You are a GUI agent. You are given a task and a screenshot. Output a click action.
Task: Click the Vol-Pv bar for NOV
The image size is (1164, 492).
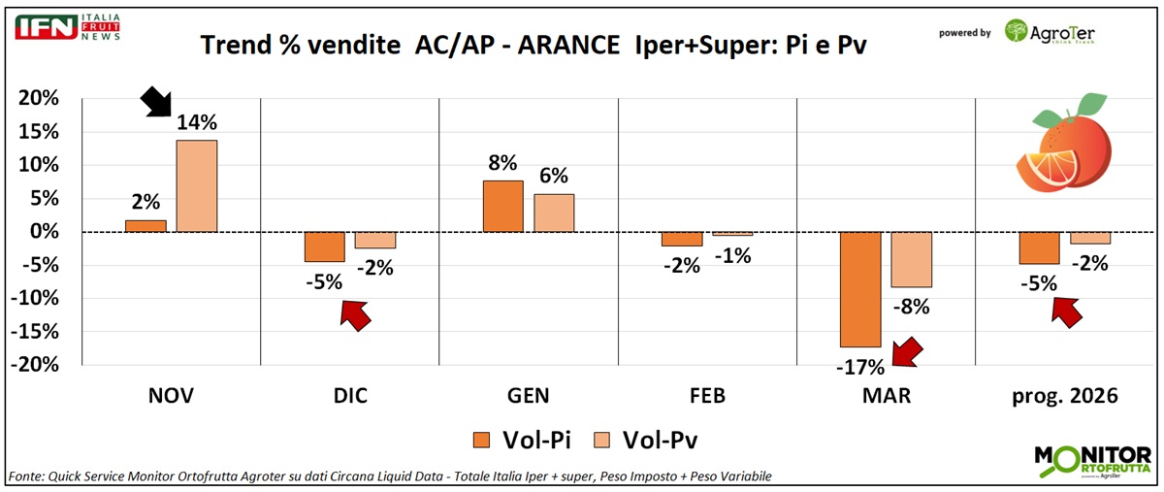(x=196, y=185)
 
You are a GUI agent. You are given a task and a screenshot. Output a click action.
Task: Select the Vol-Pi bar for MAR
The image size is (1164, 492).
(x=860, y=289)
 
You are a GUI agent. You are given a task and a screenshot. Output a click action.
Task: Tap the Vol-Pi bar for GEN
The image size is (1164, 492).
(x=502, y=206)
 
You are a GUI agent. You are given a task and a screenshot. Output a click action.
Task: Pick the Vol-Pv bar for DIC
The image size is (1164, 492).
(x=374, y=240)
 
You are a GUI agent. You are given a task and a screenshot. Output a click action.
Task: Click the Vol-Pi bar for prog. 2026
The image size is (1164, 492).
(x=1039, y=247)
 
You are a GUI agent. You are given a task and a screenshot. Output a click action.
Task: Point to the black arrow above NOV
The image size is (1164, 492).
(x=155, y=101)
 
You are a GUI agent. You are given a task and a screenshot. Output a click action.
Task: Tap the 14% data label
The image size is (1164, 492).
(x=196, y=123)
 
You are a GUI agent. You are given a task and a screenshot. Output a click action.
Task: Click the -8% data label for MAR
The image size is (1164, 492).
(x=911, y=308)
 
